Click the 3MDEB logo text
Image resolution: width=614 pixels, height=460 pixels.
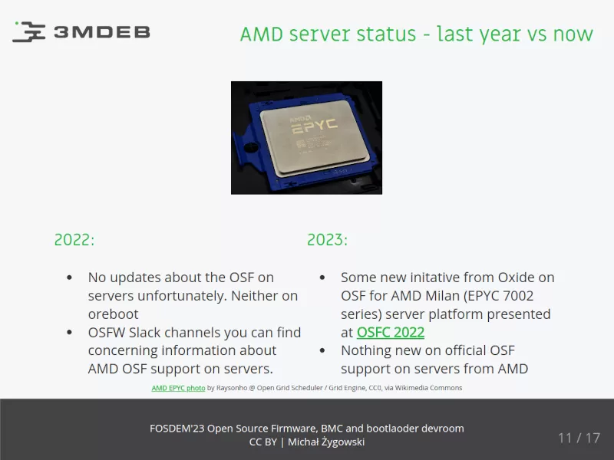point(102,32)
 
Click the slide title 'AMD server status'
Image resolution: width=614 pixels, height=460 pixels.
point(328,34)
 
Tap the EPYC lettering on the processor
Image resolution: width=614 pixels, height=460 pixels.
point(315,126)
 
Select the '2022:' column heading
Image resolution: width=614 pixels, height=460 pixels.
point(74,240)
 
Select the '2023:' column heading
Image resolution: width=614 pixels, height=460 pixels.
point(328,240)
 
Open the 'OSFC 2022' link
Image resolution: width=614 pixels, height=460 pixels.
point(391,332)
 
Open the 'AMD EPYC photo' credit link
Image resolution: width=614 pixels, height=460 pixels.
point(178,388)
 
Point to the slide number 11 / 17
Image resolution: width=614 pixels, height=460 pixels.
point(579,438)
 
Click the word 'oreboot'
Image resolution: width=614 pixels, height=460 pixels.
point(113,314)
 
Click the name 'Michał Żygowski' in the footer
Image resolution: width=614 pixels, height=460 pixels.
point(326,442)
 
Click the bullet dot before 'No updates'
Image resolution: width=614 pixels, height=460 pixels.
point(69,278)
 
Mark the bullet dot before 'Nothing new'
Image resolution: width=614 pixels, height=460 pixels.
point(322,350)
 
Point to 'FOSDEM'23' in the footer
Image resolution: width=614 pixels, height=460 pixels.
point(177,429)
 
